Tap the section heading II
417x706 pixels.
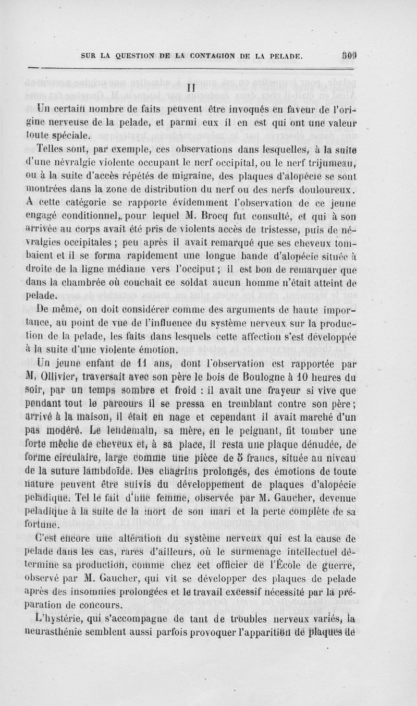[191, 89]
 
